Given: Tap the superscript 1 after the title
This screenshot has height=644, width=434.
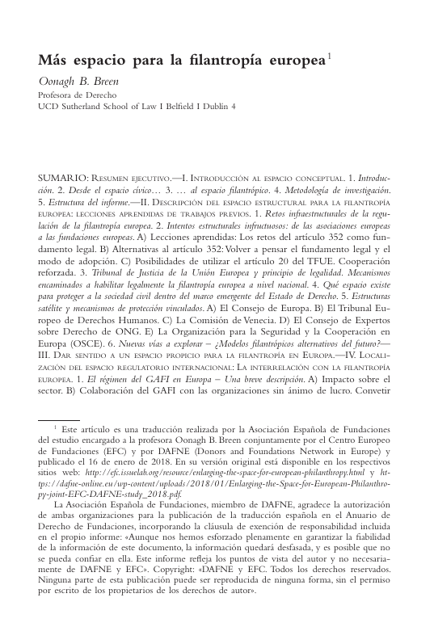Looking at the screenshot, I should [329, 57].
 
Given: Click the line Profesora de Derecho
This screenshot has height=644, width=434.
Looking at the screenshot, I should [78, 95].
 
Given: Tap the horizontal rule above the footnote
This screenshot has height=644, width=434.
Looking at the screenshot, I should [59, 420].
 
